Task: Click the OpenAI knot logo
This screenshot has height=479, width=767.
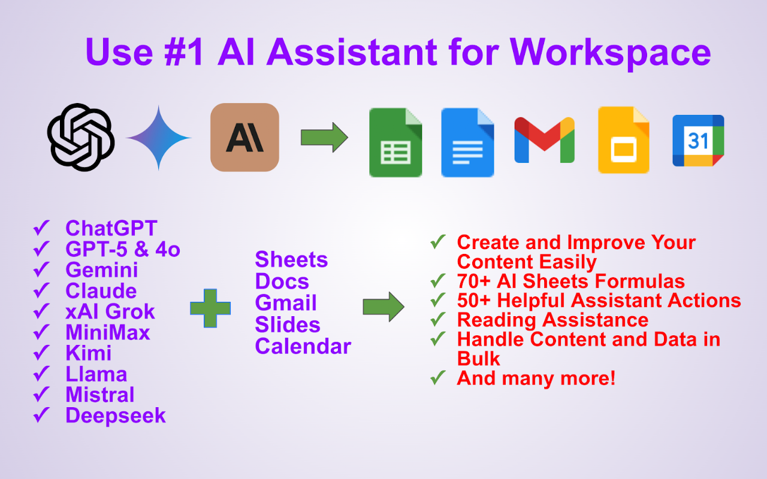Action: tap(81, 137)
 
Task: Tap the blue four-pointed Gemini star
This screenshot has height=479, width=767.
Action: tap(159, 138)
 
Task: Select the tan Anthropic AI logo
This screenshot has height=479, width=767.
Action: tap(245, 137)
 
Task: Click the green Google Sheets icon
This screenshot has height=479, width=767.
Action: tap(395, 143)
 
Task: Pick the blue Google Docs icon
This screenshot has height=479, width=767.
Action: tap(467, 143)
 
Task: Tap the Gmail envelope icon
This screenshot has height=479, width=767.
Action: tap(545, 140)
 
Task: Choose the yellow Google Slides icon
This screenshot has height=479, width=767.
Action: tap(624, 140)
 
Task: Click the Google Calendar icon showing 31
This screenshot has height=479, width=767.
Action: tap(698, 141)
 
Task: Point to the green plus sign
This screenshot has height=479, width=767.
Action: tap(210, 308)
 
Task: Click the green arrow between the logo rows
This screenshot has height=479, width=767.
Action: tap(324, 138)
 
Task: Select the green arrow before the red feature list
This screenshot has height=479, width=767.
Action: tap(383, 307)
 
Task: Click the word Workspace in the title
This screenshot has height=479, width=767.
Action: tap(610, 52)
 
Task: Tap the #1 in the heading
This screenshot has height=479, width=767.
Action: tap(184, 52)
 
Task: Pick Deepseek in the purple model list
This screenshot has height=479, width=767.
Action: tap(116, 416)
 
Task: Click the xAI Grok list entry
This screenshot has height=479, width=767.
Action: tap(110, 311)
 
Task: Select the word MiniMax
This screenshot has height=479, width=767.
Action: tap(108, 332)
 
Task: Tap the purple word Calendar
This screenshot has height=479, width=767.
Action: tap(303, 346)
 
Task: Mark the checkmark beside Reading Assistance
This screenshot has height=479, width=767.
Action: tap(438, 319)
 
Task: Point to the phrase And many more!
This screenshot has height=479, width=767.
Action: tap(536, 378)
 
